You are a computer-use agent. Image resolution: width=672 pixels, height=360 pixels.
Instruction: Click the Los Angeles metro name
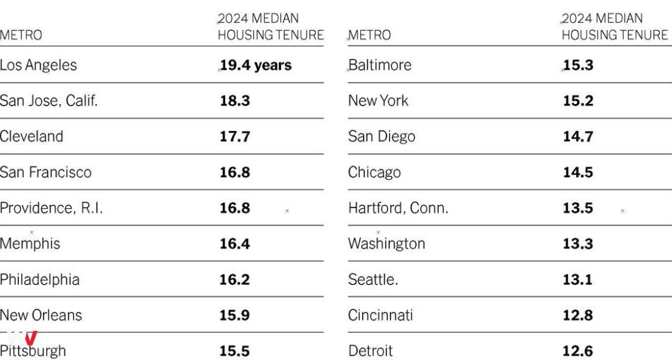click(x=38, y=65)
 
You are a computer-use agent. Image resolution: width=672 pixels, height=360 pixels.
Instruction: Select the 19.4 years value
click(x=255, y=65)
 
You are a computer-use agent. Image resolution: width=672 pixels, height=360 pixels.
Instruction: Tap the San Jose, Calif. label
click(x=49, y=101)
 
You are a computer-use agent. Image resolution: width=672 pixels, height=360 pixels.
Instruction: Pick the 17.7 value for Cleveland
click(x=235, y=137)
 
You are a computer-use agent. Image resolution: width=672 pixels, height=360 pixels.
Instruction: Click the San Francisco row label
click(x=46, y=173)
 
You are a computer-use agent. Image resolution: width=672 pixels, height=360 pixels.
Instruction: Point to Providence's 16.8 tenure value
click(x=235, y=208)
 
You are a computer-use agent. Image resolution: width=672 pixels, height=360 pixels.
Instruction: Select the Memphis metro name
click(x=30, y=244)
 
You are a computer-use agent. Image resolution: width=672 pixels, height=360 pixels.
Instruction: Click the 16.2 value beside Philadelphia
click(x=235, y=279)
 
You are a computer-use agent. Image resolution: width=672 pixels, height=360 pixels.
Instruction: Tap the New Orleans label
click(x=41, y=315)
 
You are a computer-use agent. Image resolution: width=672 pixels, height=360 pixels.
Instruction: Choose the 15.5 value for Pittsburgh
click(x=235, y=351)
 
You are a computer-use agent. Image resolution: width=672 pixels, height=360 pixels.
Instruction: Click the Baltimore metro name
click(x=380, y=65)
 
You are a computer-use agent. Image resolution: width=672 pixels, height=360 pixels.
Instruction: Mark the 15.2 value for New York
click(x=578, y=101)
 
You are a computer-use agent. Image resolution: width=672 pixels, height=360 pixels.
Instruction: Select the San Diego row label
click(x=382, y=137)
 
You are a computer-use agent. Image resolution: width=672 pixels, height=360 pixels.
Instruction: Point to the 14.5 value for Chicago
click(x=578, y=173)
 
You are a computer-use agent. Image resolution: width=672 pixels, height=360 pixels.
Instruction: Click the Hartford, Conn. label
click(x=398, y=208)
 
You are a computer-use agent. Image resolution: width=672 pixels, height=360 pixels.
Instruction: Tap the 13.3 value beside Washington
click(x=578, y=244)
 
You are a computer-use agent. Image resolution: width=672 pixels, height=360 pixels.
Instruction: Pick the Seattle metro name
click(x=373, y=279)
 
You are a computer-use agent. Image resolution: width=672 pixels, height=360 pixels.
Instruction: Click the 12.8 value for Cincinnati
click(x=578, y=315)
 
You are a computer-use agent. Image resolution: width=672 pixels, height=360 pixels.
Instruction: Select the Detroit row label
click(x=370, y=351)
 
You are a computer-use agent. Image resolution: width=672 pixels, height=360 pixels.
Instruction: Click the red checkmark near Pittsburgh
click(x=31, y=338)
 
